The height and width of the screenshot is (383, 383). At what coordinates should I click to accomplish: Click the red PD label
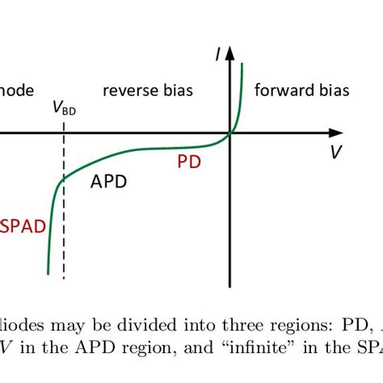coord(189,162)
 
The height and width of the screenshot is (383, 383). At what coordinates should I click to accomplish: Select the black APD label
coord(108,182)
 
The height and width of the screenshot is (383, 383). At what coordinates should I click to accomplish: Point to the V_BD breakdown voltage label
coord(64,108)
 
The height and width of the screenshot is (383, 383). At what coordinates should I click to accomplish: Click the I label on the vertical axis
coord(218,54)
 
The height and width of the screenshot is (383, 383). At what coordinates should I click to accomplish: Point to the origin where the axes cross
coord(230,132)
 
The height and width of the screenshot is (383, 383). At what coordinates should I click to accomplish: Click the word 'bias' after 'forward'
coord(333,90)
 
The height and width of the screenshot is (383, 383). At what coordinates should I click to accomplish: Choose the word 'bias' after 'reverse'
coord(175,90)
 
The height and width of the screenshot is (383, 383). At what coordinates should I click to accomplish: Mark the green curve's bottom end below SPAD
coord(48,273)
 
